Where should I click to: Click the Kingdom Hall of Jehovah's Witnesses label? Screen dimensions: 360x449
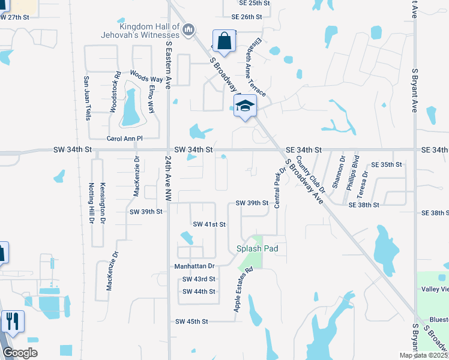(x=149, y=32)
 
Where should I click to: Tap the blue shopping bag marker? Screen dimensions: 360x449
(x=223, y=42)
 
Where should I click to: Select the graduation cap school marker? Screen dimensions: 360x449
(x=244, y=106)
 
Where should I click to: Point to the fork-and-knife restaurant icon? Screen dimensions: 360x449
(x=12, y=322)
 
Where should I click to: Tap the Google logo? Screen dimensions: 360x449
(x=20, y=353)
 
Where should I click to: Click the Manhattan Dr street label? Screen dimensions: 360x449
(x=194, y=265)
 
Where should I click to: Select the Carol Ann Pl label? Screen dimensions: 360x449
(x=124, y=139)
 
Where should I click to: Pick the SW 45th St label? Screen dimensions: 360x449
(x=191, y=322)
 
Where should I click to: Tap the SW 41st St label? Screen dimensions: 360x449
(x=209, y=224)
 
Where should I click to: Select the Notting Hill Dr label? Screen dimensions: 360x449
(x=92, y=204)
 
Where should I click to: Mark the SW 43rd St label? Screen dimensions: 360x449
(x=199, y=279)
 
